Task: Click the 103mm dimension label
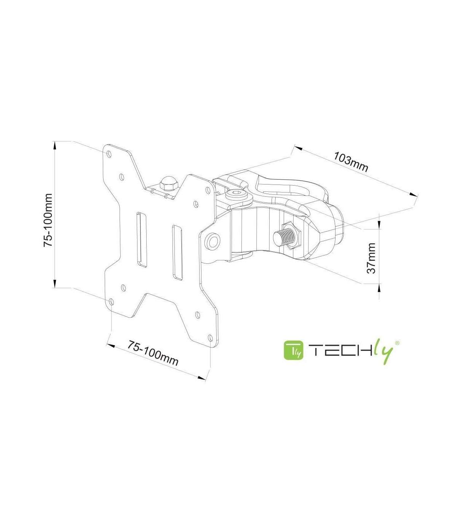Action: (x=351, y=162)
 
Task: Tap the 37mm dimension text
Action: (x=371, y=258)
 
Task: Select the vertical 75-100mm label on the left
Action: (x=48, y=220)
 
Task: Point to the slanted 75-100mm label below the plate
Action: (x=153, y=353)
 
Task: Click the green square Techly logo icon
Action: (x=294, y=350)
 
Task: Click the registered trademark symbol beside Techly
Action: (x=397, y=343)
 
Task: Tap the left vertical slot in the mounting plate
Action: (x=141, y=239)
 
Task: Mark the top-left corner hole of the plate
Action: (x=109, y=154)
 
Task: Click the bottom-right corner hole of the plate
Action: (x=211, y=338)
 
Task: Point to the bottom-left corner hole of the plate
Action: (x=111, y=302)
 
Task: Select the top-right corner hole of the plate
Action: (x=208, y=189)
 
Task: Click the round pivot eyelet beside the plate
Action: (x=213, y=241)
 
